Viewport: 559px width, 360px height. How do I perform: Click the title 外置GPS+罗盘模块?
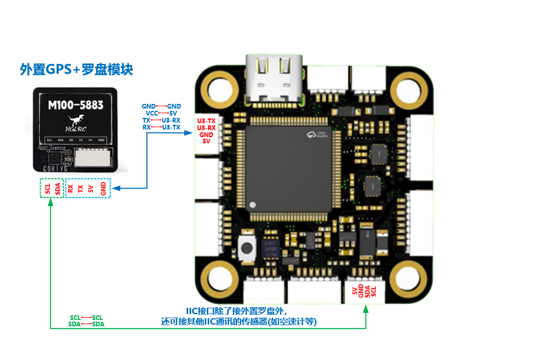tap(77, 70)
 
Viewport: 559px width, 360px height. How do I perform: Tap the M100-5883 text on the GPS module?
tap(76, 105)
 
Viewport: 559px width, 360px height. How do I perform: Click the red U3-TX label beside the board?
tap(206, 121)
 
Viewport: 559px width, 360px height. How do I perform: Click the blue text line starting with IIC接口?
tap(236, 311)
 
